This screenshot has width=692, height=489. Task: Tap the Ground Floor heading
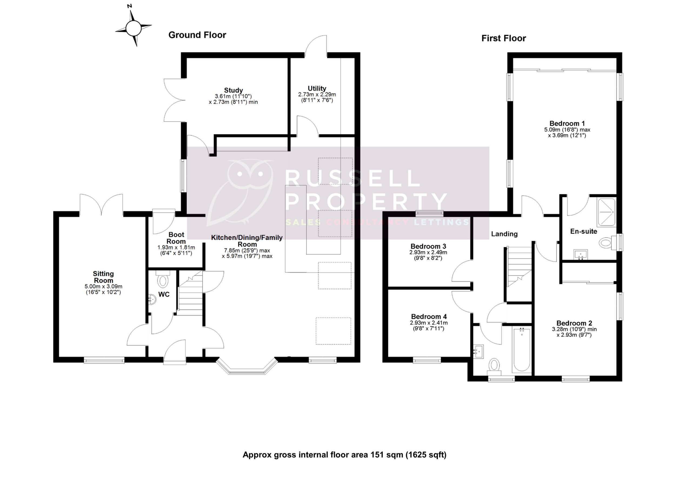click(197, 35)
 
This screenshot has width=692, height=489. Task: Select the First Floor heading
click(503, 38)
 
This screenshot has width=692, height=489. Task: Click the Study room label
click(233, 90)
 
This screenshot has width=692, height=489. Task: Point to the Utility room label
click(317, 88)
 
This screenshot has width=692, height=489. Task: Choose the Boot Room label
click(176, 238)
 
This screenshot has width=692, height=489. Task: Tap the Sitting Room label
click(103, 277)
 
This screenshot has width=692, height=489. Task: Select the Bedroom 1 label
click(567, 123)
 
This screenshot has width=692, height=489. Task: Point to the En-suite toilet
click(606, 243)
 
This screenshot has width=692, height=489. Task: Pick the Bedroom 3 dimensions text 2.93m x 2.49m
click(428, 253)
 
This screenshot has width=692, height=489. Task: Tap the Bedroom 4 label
click(429, 316)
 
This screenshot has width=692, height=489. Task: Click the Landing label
click(504, 234)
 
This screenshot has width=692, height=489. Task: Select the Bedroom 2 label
click(574, 323)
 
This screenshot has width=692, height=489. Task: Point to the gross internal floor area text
click(344, 455)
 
